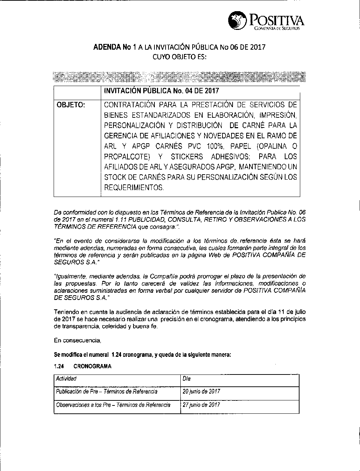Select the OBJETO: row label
[x=71, y=105]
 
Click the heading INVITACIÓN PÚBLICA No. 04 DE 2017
[x=161, y=91]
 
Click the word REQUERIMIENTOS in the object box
[x=134, y=188]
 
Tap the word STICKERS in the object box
[x=187, y=157]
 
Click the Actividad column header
[x=66, y=378]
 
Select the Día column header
[x=186, y=378]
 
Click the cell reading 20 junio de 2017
[x=201, y=391]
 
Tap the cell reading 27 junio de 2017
[x=201, y=405]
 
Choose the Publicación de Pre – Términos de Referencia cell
[x=107, y=391]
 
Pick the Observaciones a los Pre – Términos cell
[x=113, y=405]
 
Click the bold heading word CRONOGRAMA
[x=92, y=366]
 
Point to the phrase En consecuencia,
[x=77, y=340]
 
